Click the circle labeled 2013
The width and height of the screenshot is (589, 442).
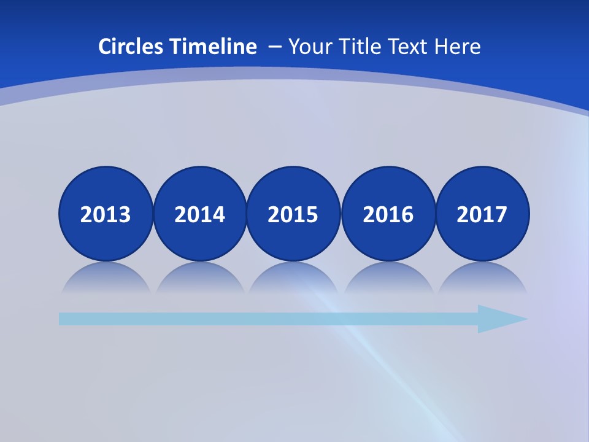(106, 214)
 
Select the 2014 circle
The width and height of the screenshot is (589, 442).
(200, 214)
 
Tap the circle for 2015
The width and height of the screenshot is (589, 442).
(293, 214)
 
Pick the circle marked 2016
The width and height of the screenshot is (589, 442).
(388, 214)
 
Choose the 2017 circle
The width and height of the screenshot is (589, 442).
(482, 214)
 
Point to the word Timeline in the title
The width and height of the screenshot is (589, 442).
(214, 47)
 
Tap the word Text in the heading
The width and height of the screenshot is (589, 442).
(409, 47)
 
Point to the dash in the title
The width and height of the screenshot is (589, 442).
(275, 47)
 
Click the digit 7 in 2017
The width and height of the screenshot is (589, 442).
(501, 214)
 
